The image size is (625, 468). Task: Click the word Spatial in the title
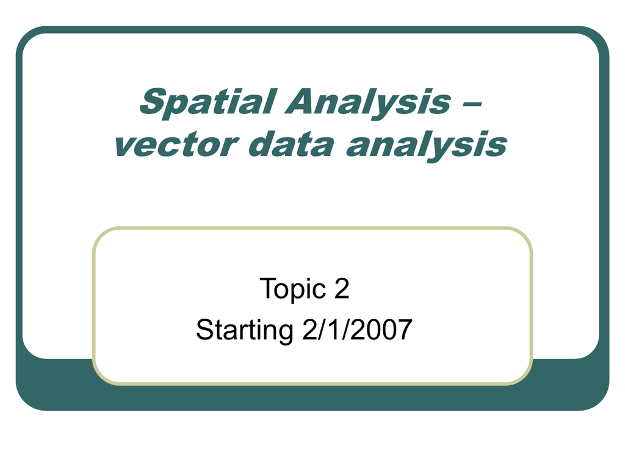(208, 102)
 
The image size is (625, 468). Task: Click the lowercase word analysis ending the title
(426, 146)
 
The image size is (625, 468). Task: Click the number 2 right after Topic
(342, 288)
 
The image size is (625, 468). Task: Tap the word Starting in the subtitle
(245, 330)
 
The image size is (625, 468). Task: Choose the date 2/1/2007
(357, 329)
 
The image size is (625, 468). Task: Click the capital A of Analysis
(300, 101)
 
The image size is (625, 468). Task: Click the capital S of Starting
(206, 330)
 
